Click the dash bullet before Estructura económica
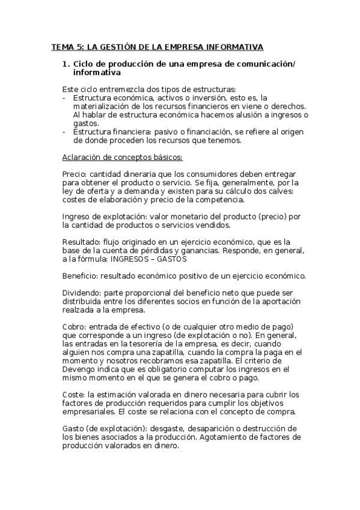coord(64,97)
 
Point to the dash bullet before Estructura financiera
coord(64,132)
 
